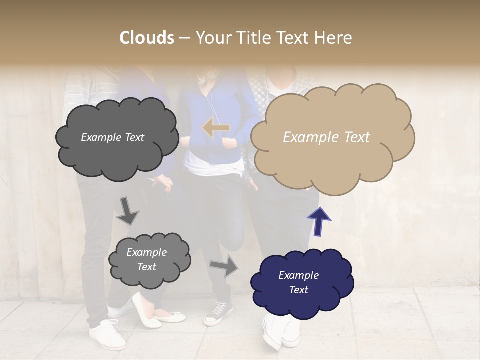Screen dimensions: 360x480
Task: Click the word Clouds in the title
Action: coord(146,38)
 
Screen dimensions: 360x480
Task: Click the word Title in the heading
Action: coord(254,38)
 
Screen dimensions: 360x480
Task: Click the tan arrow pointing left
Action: coord(216,128)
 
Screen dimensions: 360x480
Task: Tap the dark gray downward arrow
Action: coord(127,211)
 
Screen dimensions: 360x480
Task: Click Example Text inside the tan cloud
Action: coord(326,137)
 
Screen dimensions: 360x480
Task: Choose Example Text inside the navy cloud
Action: coord(298,282)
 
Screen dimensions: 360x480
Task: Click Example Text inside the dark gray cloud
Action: coord(112,137)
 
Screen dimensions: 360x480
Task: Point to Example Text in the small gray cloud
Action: coord(146,259)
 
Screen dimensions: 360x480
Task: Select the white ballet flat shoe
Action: coord(146,310)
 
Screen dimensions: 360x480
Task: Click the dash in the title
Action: coord(184,38)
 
